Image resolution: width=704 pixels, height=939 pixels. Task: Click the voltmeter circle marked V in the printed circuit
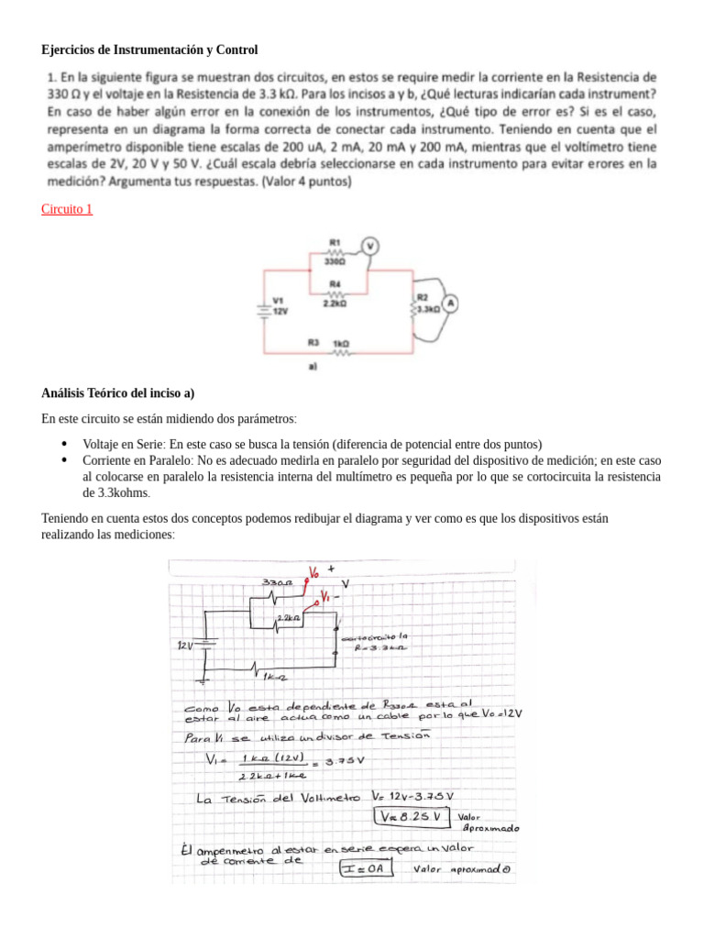pos(370,245)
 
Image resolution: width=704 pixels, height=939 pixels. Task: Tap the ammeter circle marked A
pos(450,301)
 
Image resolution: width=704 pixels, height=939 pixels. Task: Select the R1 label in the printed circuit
pos(335,242)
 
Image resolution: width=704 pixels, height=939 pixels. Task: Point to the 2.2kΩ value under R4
pos(334,301)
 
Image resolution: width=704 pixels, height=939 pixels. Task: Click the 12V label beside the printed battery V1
pos(280,311)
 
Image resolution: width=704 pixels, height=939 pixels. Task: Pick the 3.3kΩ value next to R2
pos(427,310)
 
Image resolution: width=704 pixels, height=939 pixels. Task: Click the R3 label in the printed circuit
pos(313,342)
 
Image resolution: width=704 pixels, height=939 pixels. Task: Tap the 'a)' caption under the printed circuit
pos(313,367)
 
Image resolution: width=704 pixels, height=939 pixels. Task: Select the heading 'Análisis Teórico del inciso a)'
pos(118,393)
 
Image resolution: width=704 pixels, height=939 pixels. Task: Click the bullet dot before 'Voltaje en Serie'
pos(63,441)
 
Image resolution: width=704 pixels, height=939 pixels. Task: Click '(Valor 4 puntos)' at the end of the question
pos(306,182)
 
